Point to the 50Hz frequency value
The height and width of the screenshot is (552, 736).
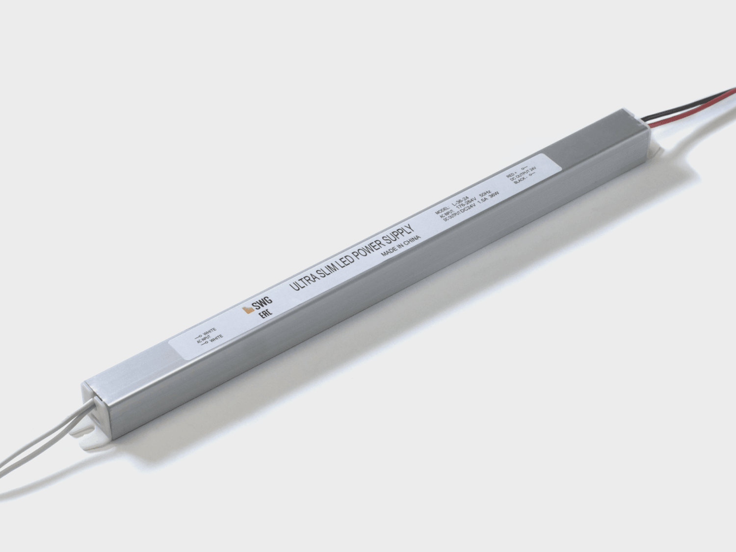[x=485, y=194]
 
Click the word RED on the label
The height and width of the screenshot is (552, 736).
[x=510, y=175]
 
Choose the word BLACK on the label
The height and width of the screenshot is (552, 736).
[x=520, y=181]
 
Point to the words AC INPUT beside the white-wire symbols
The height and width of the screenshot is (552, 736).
[x=203, y=338]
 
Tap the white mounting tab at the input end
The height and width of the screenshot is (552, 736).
[x=93, y=440]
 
